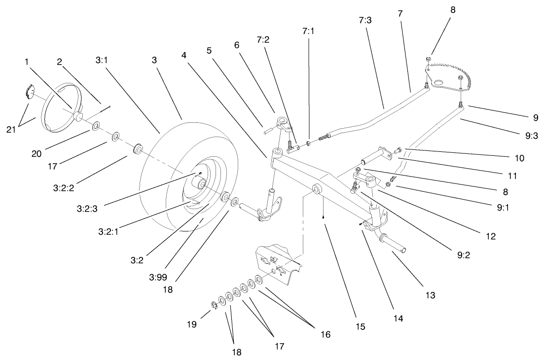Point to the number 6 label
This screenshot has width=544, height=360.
point(236,44)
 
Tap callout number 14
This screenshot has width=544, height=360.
point(398,319)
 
